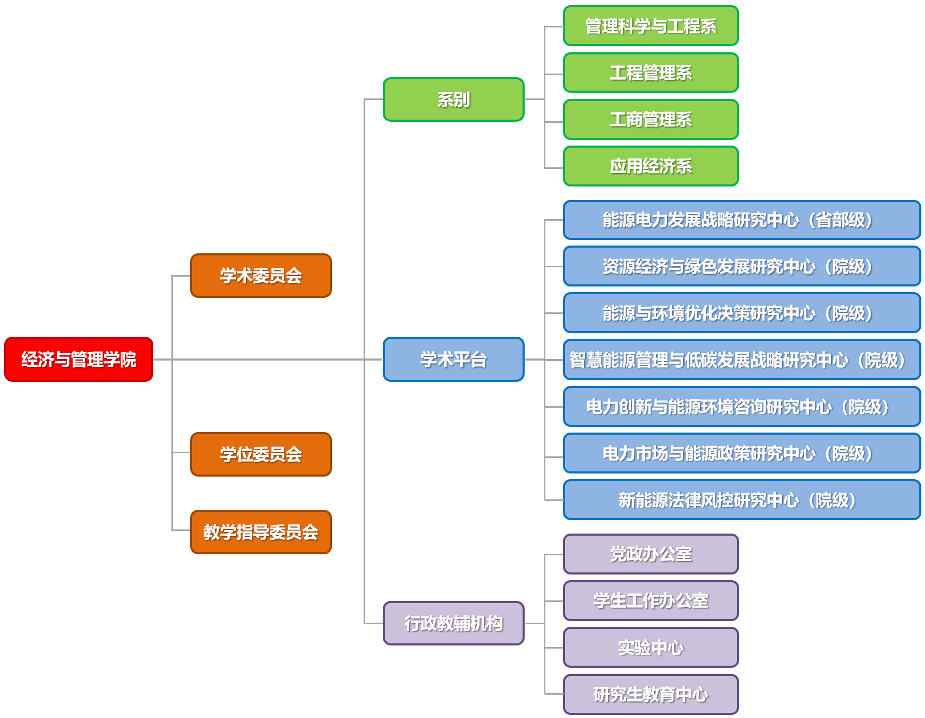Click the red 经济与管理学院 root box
79,359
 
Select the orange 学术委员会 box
261,276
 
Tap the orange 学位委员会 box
261,454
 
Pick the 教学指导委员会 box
261,532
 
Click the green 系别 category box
454,99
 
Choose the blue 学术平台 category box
454,359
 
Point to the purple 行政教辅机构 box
454,623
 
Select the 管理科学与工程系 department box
651,26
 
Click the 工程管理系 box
651,73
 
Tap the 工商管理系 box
651,120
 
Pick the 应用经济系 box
651,166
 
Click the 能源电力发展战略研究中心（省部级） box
742,220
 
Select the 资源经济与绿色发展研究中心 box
742,266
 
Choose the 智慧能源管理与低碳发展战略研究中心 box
742,360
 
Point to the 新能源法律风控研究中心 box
742,500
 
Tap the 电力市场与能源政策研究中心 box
742,453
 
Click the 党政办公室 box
651,554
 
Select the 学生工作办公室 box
651,601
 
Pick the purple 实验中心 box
651,648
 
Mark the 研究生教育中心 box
651,694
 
